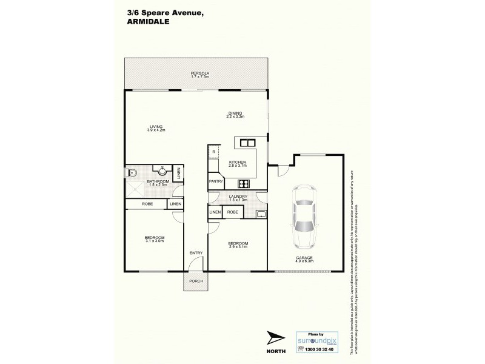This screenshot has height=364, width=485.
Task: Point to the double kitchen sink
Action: [x=247, y=143]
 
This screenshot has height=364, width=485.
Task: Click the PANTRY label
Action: [x=216, y=181]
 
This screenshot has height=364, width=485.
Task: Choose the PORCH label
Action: [x=196, y=280]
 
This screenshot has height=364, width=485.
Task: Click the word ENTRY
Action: [x=195, y=253]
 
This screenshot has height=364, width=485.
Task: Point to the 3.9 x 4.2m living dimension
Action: [x=156, y=130]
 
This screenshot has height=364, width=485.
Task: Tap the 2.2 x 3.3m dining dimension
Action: [x=235, y=116]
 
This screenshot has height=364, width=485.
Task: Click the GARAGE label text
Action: [x=304, y=257]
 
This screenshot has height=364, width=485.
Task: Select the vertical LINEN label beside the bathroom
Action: [x=179, y=174]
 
